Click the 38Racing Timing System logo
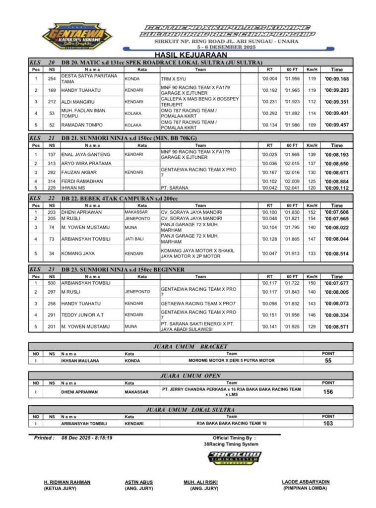(235, 458)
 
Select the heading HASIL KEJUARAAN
(190, 55)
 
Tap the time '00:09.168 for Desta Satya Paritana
(337, 79)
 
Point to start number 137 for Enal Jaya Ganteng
(52, 155)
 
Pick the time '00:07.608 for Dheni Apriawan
(337, 212)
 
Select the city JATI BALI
(134, 239)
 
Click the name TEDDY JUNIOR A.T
(83, 315)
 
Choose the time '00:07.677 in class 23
(337, 283)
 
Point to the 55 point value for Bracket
(328, 361)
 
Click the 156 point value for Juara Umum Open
(328, 392)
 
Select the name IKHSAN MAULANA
(80, 361)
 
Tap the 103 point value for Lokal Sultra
(328, 424)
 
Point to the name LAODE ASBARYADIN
(306, 482)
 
